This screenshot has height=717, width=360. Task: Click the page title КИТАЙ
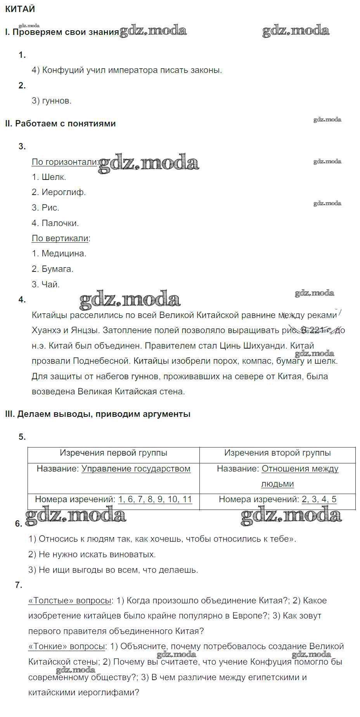pos(20,9)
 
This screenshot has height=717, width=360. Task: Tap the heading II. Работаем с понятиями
pos(61,124)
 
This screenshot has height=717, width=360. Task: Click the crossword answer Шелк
pos(54,177)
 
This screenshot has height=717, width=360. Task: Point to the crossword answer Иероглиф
pos(64,192)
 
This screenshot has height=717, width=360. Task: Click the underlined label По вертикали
pos(60,238)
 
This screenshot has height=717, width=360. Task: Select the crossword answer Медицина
pos(64,254)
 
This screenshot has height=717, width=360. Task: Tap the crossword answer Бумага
pos(57,269)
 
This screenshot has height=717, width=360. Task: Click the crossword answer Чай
pos(51,285)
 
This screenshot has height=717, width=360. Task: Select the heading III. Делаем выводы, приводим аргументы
pos(98,414)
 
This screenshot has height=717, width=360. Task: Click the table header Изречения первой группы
pos(113,453)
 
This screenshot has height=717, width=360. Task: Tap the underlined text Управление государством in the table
pos(136,469)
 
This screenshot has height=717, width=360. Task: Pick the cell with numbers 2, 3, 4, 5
pos(319,499)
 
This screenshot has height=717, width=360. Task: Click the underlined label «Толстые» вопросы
pos(70,601)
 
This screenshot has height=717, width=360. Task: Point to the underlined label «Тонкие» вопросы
pos(67,646)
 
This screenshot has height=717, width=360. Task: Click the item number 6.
pos(19,524)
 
